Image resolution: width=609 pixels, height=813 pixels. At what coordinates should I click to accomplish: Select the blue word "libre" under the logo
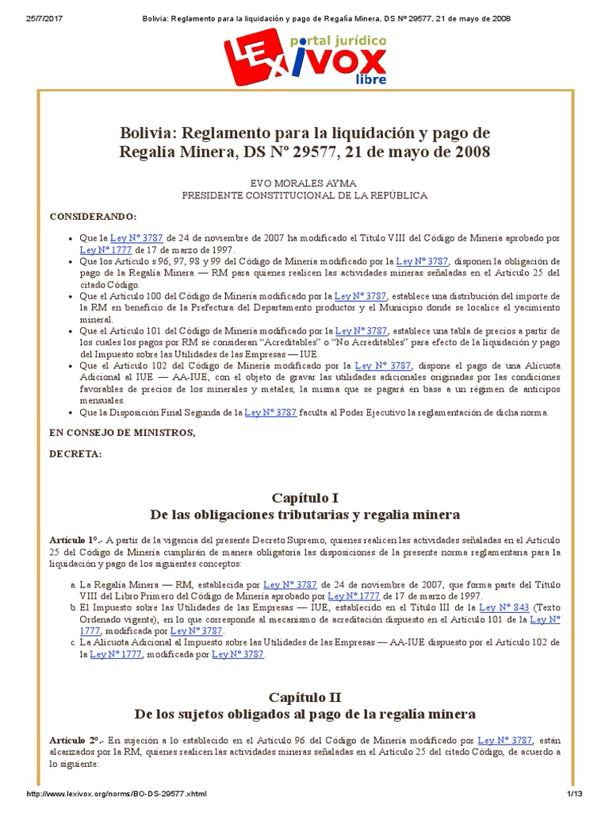pyautogui.click(x=372, y=79)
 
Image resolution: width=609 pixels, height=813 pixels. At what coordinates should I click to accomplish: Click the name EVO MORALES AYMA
pyautogui.click(x=304, y=181)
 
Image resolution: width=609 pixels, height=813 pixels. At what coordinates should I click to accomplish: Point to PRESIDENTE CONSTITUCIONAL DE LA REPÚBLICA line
pyautogui.click(x=304, y=195)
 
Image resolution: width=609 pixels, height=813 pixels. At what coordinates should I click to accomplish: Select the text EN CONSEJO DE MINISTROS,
pyautogui.click(x=121, y=432)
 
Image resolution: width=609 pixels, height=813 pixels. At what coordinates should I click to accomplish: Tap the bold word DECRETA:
pyautogui.click(x=75, y=453)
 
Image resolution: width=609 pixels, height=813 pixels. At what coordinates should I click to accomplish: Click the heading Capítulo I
pyautogui.click(x=304, y=498)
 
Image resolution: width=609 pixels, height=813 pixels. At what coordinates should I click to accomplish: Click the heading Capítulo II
pyautogui.click(x=304, y=697)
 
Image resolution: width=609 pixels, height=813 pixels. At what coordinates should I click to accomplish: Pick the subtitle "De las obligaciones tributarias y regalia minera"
pyautogui.click(x=304, y=514)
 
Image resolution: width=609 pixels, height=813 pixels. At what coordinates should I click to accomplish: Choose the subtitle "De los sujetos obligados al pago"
pyautogui.click(x=304, y=714)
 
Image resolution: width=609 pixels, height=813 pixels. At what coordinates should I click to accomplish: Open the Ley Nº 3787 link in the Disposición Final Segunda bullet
pyautogui.click(x=271, y=412)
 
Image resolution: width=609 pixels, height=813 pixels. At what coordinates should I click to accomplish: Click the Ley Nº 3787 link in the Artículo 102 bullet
pyautogui.click(x=383, y=365)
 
